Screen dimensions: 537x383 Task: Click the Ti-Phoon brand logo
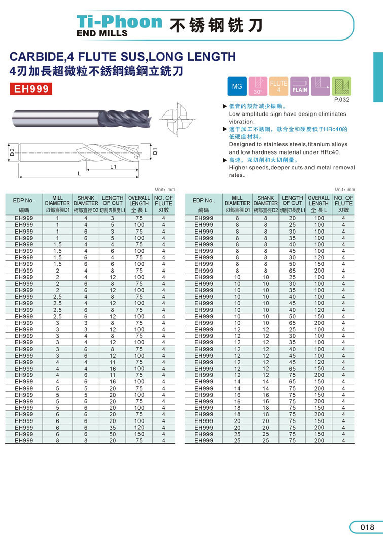(119, 22)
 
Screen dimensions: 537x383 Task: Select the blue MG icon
(237, 86)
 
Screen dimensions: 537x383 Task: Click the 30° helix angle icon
(258, 86)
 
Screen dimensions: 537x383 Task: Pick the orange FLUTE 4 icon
(278, 86)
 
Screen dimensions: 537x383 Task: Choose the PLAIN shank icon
(299, 86)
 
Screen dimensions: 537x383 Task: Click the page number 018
(367, 527)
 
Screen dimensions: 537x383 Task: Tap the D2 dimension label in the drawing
(12, 151)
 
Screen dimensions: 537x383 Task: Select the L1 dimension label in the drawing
(113, 166)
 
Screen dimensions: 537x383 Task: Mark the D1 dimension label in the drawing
(156, 150)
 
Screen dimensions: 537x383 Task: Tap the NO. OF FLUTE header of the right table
(343, 201)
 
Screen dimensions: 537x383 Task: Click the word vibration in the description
(241, 122)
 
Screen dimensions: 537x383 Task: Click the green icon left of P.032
(341, 86)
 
